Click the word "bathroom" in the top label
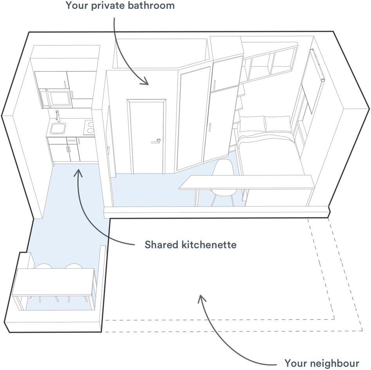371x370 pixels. coord(154,6)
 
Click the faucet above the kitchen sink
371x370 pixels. coord(57,116)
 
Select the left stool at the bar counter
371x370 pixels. coord(43,267)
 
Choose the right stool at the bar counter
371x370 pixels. coord(73,267)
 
